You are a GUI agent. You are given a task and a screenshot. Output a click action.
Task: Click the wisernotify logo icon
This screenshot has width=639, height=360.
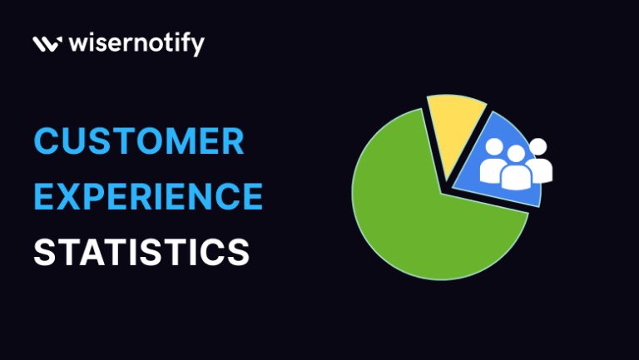[46, 43]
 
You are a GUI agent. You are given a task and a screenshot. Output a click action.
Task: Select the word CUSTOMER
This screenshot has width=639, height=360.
[139, 142]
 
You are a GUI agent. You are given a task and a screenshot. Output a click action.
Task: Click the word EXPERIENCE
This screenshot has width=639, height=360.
[148, 197]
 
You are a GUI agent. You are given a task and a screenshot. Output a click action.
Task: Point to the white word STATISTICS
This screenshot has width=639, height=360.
[141, 252]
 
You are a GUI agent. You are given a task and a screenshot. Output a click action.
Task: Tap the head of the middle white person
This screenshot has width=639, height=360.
[516, 154]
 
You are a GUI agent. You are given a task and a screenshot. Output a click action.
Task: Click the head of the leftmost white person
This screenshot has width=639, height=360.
[495, 147]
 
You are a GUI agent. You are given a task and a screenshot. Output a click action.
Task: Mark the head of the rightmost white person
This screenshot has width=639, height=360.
[537, 146]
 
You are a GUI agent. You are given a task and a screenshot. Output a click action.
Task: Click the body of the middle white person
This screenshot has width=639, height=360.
[516, 177]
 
